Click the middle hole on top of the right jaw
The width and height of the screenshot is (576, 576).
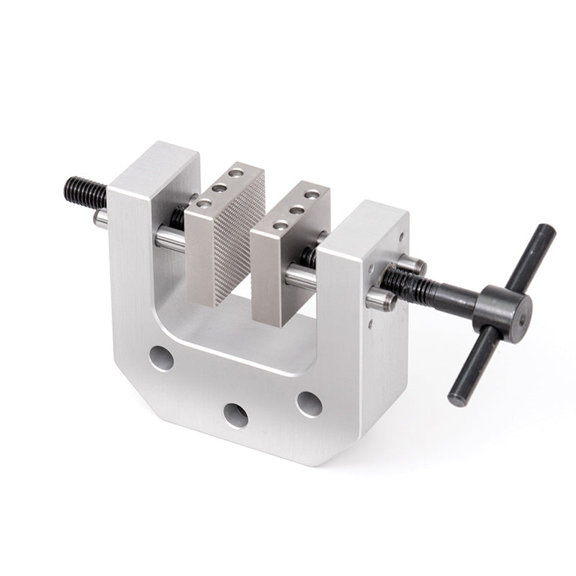(297, 210)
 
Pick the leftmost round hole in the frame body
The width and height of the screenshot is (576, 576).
(161, 358)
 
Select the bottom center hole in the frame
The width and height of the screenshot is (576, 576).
(235, 415)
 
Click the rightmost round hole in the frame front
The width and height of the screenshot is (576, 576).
(309, 404)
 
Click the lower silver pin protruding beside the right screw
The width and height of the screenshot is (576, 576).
(381, 299)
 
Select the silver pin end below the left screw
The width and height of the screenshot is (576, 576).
(101, 218)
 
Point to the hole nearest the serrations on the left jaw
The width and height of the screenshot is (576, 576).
(237, 173)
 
